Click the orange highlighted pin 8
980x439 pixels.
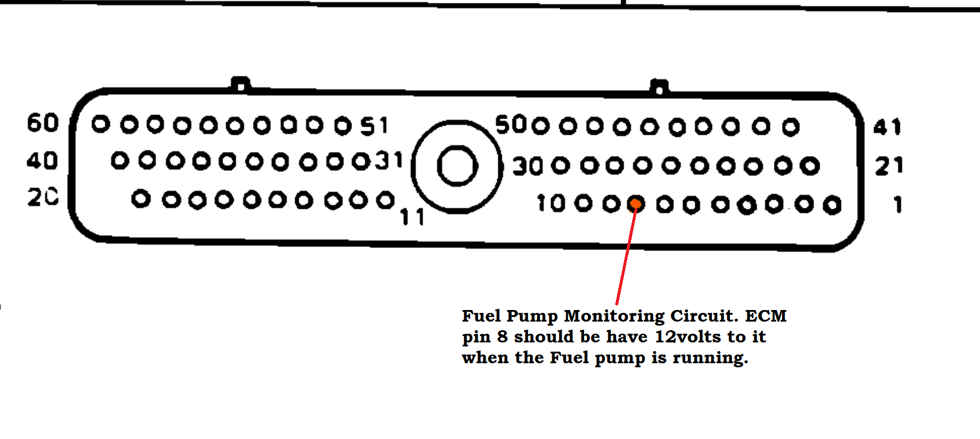click(x=635, y=204)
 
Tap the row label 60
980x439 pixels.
click(x=43, y=123)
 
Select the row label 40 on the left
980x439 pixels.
click(x=42, y=161)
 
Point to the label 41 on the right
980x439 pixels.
click(x=887, y=127)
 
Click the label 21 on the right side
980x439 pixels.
click(x=889, y=167)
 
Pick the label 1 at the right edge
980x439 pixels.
click(x=898, y=205)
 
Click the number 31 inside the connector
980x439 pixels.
click(x=389, y=160)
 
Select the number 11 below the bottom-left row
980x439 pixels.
click(x=412, y=217)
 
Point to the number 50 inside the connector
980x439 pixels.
click(x=510, y=125)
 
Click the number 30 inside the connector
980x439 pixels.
click(x=527, y=167)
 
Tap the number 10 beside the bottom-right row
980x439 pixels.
click(x=550, y=204)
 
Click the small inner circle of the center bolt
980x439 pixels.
click(x=457, y=166)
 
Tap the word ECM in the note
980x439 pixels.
click(x=765, y=316)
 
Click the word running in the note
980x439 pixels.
click(x=710, y=358)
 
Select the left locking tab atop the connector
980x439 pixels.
click(x=240, y=84)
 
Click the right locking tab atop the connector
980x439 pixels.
click(x=659, y=87)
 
